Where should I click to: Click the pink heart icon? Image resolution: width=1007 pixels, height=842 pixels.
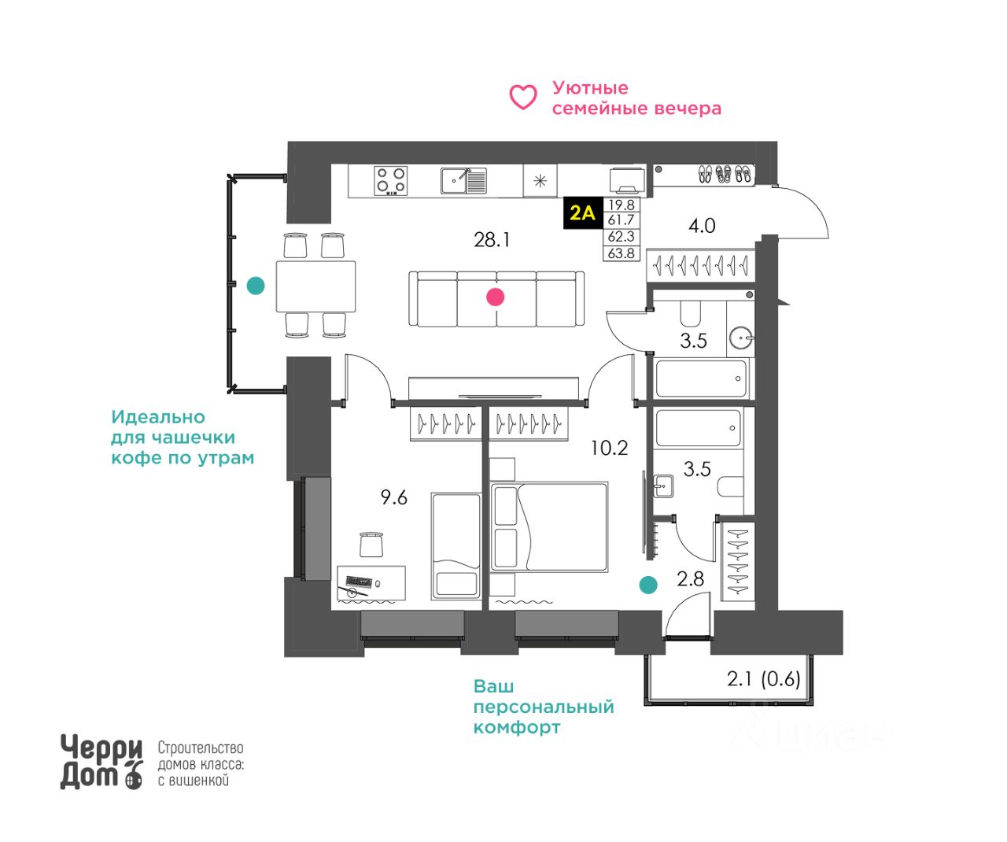click(523, 98)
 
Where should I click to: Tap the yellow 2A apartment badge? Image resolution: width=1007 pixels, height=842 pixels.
click(582, 213)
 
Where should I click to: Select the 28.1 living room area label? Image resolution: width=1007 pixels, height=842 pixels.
click(492, 239)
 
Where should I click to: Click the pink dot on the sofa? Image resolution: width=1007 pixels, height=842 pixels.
click(495, 297)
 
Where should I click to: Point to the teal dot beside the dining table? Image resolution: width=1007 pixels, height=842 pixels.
click(256, 286)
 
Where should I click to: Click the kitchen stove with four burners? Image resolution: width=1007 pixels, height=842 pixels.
click(390, 180)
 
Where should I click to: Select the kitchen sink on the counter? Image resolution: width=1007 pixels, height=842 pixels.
click(464, 180)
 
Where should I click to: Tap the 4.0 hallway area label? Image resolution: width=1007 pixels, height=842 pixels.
click(702, 226)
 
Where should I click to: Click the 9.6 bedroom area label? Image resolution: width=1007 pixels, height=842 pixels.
click(394, 497)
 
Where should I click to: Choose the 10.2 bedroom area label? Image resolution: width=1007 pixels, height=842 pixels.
click(610, 448)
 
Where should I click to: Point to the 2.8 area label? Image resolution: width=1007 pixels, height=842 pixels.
click(690, 579)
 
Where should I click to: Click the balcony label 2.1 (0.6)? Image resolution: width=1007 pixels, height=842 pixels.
click(763, 678)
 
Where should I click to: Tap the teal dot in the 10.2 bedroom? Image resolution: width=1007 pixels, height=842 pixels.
click(647, 585)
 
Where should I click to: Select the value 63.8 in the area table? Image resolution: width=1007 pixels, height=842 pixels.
click(621, 253)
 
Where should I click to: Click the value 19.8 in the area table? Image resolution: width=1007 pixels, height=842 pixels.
click(621, 205)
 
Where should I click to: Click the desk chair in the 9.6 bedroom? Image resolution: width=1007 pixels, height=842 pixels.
click(371, 545)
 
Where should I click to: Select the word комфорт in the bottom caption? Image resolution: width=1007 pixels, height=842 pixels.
click(517, 727)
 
